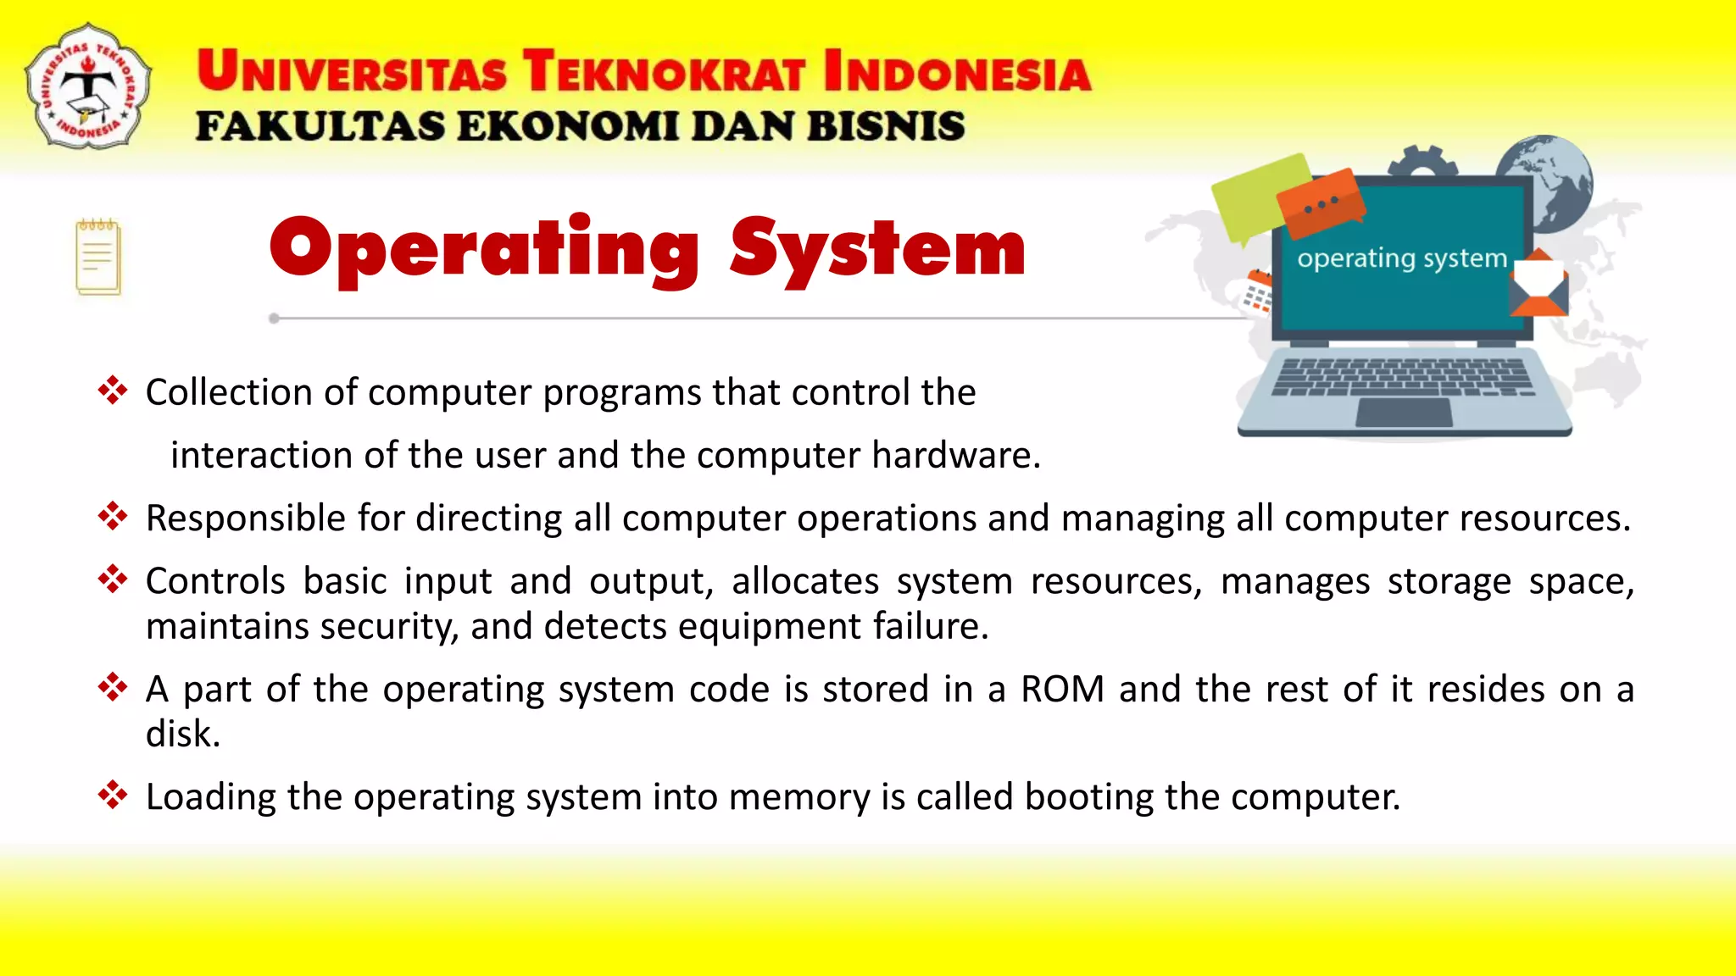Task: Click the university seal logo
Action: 89,86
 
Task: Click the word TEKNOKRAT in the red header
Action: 663,71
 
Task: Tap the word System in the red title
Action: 877,249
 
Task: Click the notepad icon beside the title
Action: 98,257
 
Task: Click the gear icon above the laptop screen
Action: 1423,160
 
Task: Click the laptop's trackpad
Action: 1404,413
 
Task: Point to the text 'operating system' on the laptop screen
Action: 1402,258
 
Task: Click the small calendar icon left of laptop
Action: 1257,291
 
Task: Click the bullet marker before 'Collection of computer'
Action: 112,391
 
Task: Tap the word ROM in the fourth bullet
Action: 1062,689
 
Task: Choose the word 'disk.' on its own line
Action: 183,734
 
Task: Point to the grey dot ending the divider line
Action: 274,319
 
